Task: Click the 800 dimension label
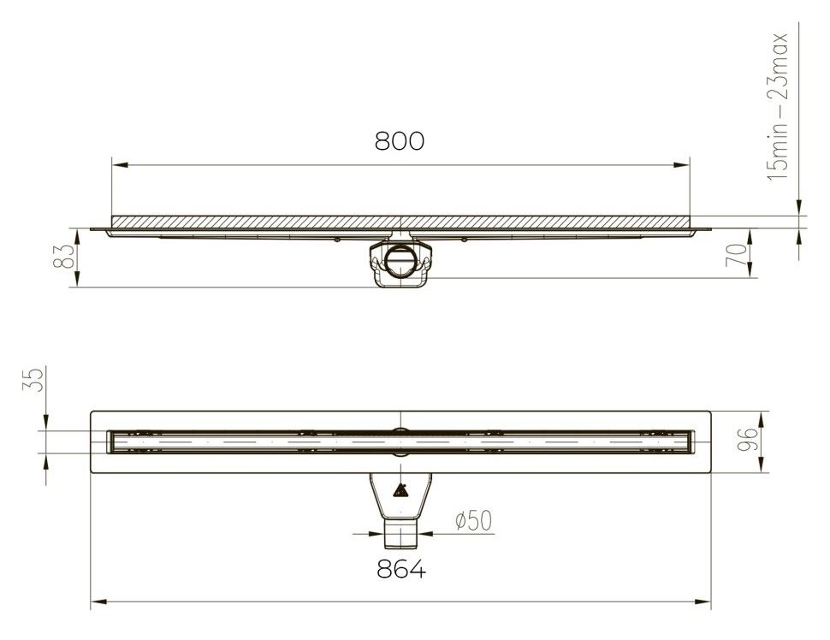click(x=400, y=141)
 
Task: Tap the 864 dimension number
click(x=401, y=570)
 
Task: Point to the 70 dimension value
click(x=738, y=256)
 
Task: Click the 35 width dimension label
click(x=33, y=380)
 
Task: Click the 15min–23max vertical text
click(x=778, y=107)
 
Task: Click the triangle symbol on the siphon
click(x=400, y=491)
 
